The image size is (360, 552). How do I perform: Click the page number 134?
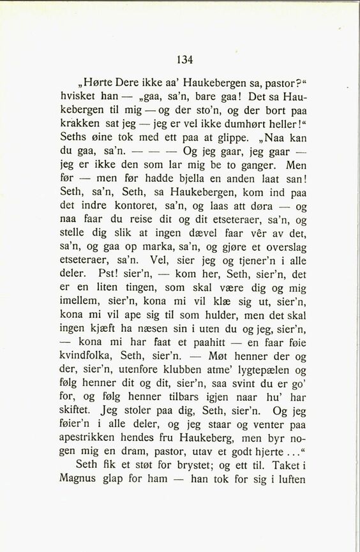point(184,60)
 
